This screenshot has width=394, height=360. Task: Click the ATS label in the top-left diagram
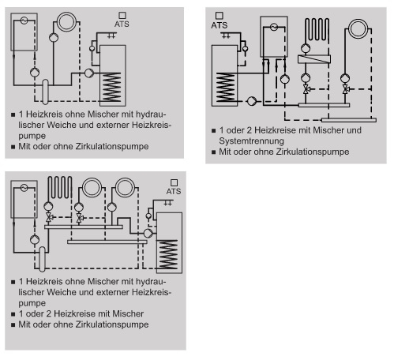click(122, 24)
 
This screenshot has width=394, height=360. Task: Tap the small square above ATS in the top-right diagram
click(220, 16)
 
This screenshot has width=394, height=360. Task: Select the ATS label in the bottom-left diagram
click(174, 191)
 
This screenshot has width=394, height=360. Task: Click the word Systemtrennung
click(252, 141)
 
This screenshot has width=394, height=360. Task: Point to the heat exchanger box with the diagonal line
click(314, 59)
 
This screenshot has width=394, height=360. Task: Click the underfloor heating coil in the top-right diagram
click(317, 29)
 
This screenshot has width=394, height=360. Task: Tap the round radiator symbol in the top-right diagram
click(358, 28)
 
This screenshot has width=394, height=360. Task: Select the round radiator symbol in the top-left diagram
click(67, 22)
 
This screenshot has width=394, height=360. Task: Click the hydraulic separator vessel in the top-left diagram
click(45, 92)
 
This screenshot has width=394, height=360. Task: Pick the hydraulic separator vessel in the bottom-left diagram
click(42, 259)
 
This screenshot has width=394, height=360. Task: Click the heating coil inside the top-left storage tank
click(111, 87)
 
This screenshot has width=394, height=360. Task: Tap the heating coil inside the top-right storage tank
click(225, 88)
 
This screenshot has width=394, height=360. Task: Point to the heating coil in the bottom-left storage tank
click(168, 254)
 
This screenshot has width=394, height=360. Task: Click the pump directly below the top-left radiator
click(54, 37)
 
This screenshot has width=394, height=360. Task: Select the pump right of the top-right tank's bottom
click(252, 101)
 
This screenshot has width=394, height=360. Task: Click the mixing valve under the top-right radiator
click(346, 89)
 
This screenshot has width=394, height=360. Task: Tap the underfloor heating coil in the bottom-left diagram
click(60, 187)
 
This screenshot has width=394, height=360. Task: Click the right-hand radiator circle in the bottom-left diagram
click(126, 188)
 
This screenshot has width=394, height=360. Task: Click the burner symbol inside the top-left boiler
click(24, 21)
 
